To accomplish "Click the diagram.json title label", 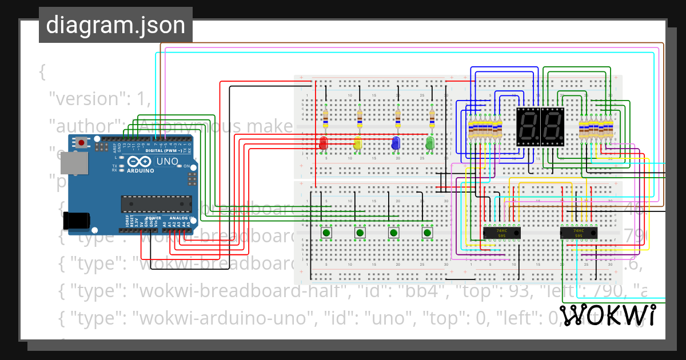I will [x=115, y=25].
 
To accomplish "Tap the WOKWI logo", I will [x=607, y=315].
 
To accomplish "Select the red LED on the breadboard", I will [x=324, y=143].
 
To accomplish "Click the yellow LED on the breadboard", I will [x=358, y=143].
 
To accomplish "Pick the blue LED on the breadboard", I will [x=395, y=143].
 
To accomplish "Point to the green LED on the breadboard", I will [x=430, y=143].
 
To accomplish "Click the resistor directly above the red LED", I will [x=325, y=119].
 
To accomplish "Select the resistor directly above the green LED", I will [x=432, y=119].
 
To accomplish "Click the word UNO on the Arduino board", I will [x=167, y=162].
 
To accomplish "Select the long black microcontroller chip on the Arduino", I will [x=155, y=204].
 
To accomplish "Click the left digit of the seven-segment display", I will [x=528, y=126].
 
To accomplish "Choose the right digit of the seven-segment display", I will [x=552, y=126].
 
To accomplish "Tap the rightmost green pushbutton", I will [x=426, y=233].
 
